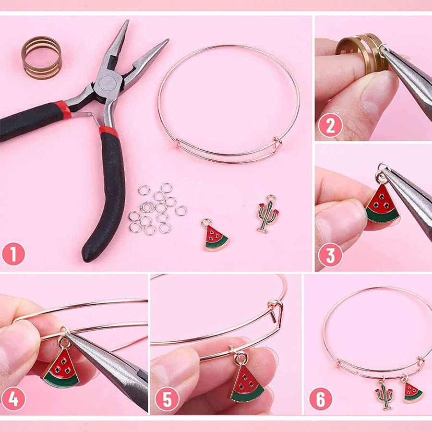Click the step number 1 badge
(x=13, y=254)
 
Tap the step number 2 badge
(x=330, y=125)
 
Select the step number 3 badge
(x=330, y=255)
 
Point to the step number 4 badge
(x=13, y=399)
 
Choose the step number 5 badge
(x=167, y=399)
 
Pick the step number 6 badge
(x=321, y=399)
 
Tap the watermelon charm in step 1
(x=216, y=235)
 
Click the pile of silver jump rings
(x=157, y=209)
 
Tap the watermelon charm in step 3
(x=383, y=202)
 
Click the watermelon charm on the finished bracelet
(x=412, y=391)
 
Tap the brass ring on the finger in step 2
(x=361, y=54)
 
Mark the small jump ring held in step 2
(x=383, y=50)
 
